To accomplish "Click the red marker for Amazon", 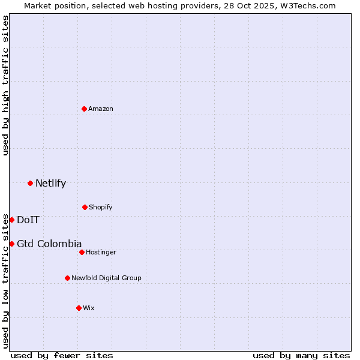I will [85, 109].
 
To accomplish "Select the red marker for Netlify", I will [30, 183].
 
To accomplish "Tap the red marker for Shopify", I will [85, 207].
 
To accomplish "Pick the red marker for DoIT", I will [11, 220].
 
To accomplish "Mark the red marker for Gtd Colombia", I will [11, 244].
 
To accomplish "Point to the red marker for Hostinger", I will [82, 252].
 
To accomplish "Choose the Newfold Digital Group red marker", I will [67, 278].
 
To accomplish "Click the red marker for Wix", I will [79, 308].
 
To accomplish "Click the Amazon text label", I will [101, 109].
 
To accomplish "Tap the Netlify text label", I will [50, 183].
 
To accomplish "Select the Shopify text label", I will [101, 207].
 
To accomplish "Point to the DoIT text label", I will [28, 220].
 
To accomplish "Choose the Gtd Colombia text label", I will [49, 244].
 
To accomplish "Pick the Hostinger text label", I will [101, 252].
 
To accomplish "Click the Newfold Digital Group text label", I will [106, 278].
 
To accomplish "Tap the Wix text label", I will [89, 308].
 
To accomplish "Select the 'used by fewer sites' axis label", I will [62, 355].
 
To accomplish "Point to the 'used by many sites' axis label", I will [301, 355].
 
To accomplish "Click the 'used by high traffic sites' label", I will [5, 85].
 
